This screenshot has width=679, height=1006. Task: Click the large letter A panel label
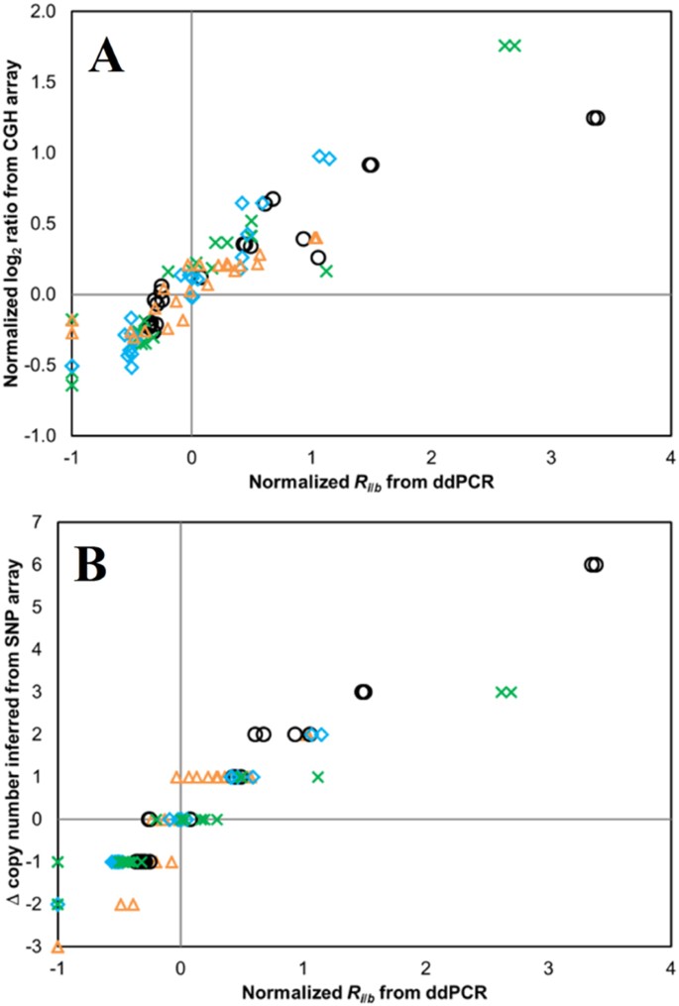[x=106, y=56]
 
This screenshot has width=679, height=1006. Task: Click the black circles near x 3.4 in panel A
[x=595, y=118]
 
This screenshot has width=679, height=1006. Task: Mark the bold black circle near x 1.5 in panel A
[x=370, y=165]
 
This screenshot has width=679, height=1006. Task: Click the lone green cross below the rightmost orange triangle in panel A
[x=326, y=271]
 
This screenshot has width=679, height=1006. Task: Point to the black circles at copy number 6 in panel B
[x=593, y=565]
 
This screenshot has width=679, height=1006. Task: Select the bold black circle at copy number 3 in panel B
[x=363, y=692]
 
